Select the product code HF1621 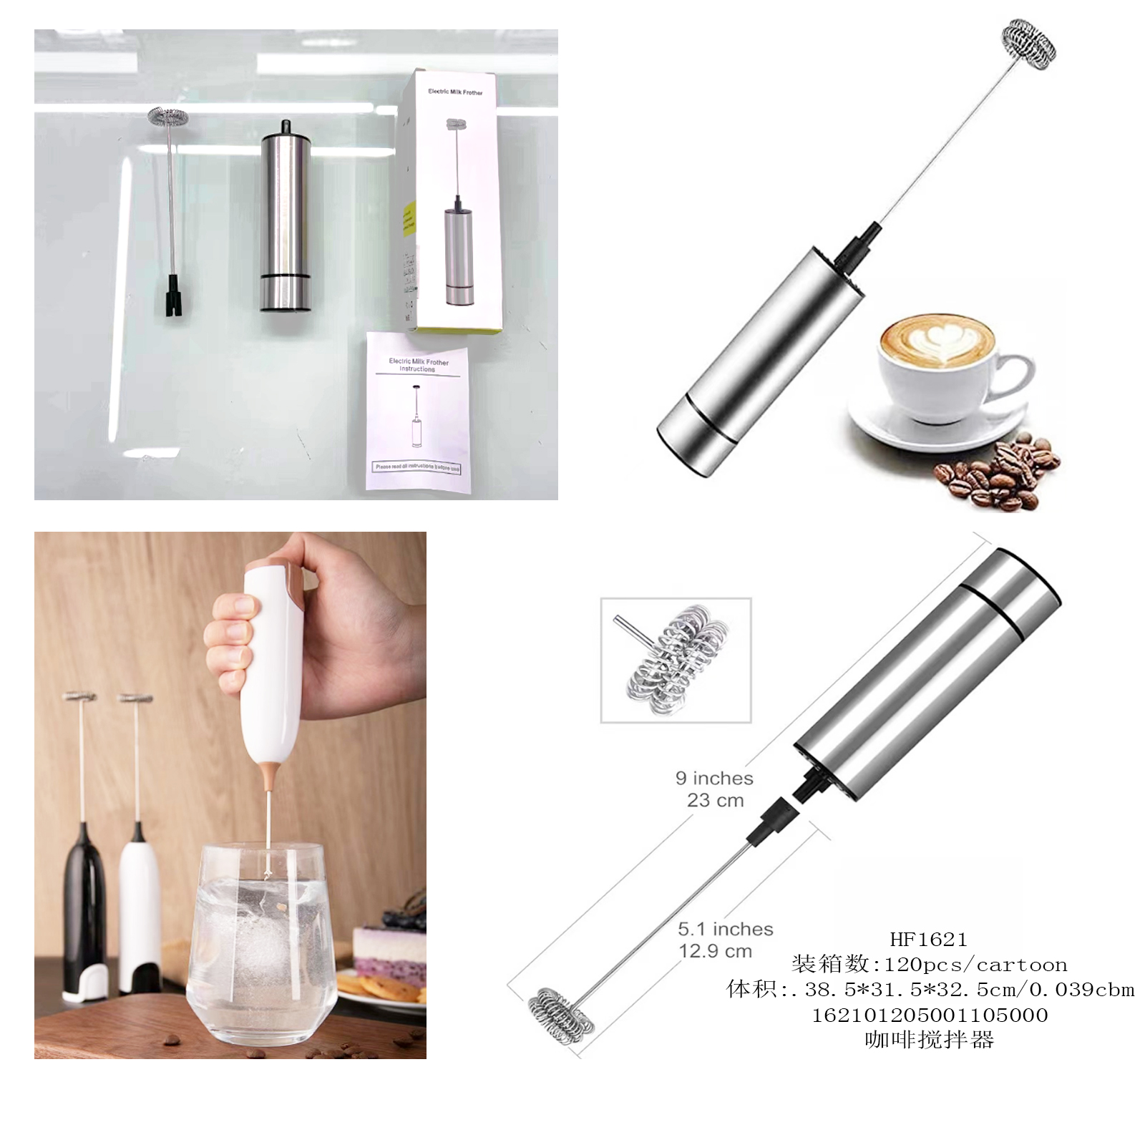(928, 939)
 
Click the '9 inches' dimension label (714, 778)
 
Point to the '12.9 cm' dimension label (716, 951)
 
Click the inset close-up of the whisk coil (676, 659)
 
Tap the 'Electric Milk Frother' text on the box (455, 92)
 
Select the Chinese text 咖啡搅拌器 (929, 1039)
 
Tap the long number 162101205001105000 (929, 1015)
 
